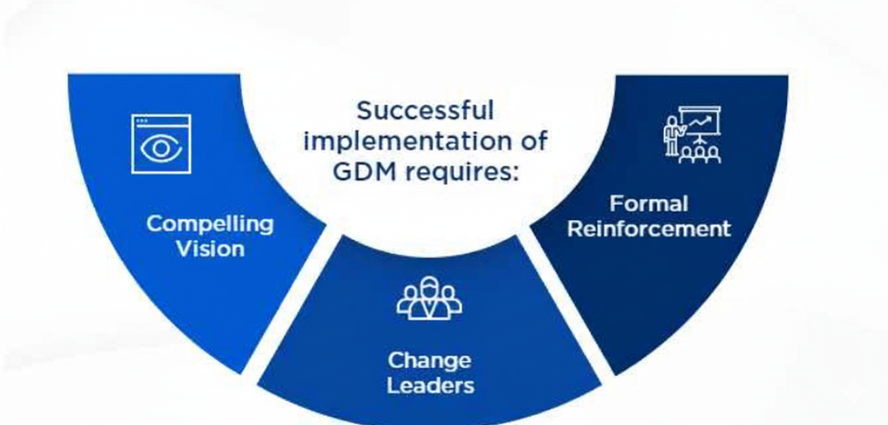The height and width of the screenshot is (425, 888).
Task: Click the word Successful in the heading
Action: pyautogui.click(x=425, y=111)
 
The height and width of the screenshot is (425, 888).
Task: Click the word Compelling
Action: pyautogui.click(x=209, y=224)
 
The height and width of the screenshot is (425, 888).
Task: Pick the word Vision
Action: pyautogui.click(x=210, y=249)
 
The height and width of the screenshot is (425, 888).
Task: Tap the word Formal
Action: pyautogui.click(x=649, y=203)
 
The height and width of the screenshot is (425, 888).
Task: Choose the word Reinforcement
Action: pyautogui.click(x=649, y=229)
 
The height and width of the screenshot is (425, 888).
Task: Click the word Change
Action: pyautogui.click(x=429, y=360)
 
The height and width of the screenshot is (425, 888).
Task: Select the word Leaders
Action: pyautogui.click(x=430, y=386)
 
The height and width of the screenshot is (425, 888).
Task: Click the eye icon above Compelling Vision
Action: pyautogui.click(x=161, y=144)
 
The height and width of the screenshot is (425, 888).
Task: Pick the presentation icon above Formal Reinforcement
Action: pyautogui.click(x=693, y=135)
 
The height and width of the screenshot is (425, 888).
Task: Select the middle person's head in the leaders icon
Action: pyautogui.click(x=430, y=286)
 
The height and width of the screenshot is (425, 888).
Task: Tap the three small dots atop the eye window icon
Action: pyautogui.click(x=142, y=121)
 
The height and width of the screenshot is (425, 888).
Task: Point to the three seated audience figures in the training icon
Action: pyautogui.click(x=700, y=155)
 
